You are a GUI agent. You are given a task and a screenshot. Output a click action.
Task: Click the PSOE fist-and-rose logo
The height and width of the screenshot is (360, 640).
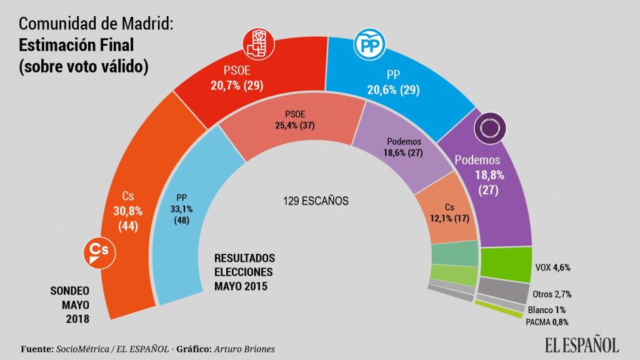click(x=256, y=45)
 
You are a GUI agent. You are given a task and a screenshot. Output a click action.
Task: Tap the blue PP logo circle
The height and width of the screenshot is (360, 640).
click(x=369, y=45)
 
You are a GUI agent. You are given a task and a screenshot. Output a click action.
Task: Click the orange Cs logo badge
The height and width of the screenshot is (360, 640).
click(x=99, y=251)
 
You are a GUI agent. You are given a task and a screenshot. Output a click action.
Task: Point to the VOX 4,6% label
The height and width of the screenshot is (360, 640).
click(x=553, y=267)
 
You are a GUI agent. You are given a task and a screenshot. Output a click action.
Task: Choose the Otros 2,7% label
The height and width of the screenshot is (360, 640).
click(x=553, y=294)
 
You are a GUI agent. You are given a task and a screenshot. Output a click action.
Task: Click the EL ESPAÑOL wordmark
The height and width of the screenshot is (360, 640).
click(x=574, y=344)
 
